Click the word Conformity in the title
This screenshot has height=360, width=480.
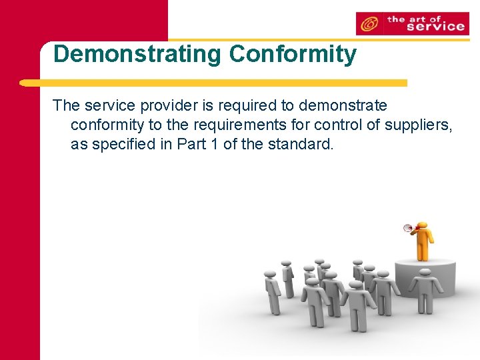(x=293, y=54)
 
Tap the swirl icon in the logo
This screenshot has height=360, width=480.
(x=368, y=24)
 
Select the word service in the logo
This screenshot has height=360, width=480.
(x=435, y=27)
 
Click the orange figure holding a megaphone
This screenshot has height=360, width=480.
(x=421, y=241)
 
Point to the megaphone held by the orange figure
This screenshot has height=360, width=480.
(x=407, y=229)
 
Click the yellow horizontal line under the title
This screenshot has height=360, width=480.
(x=213, y=83)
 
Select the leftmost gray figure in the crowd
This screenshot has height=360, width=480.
(x=272, y=289)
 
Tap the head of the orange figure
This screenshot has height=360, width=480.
(x=421, y=225)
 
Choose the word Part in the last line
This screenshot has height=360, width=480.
(x=191, y=144)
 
